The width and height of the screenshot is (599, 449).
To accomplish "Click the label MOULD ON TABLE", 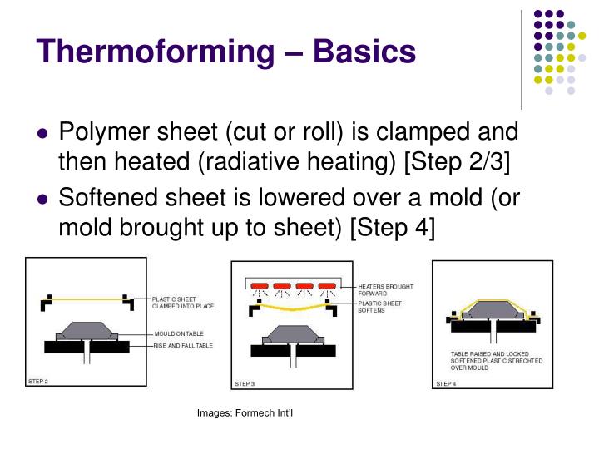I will (177, 333).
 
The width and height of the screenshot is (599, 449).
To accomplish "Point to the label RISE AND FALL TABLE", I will (183, 344).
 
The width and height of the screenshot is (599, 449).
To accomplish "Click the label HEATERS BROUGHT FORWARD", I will (385, 290).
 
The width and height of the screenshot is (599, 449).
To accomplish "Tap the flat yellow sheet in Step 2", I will (86, 299).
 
